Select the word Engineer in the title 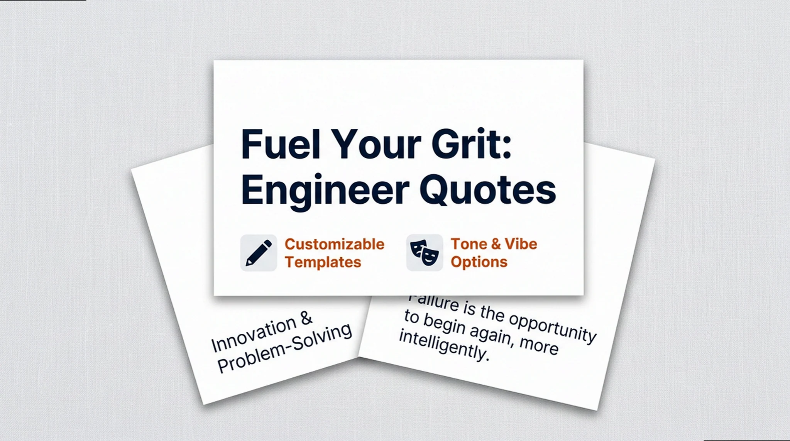(x=325, y=191)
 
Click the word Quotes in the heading (x=488, y=190)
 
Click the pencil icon (x=259, y=253)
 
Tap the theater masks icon (x=424, y=253)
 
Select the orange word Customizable (x=334, y=244)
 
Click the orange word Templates (x=323, y=262)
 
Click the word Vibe (x=521, y=244)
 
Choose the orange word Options (x=479, y=262)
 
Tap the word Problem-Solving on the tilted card (x=285, y=348)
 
